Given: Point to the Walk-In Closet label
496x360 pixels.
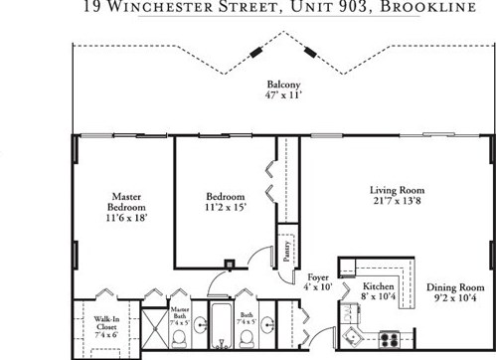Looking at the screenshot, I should [x=107, y=324].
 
